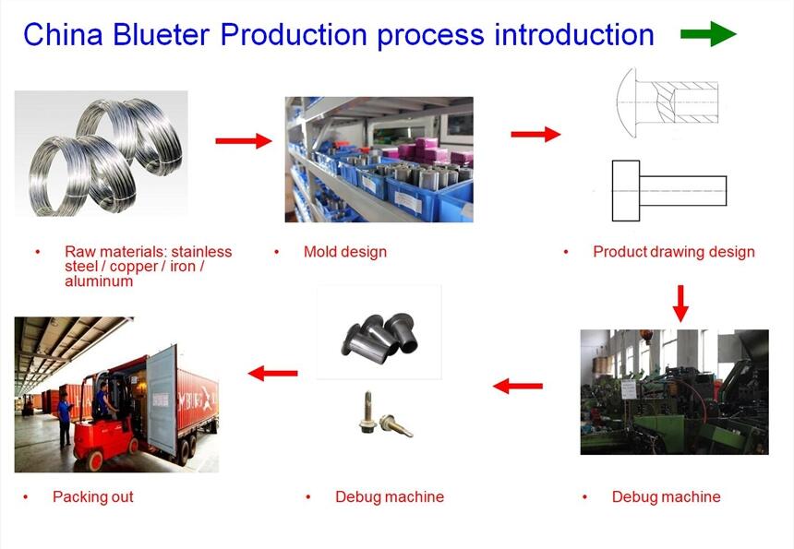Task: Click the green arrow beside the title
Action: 708,35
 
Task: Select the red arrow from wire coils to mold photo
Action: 244,140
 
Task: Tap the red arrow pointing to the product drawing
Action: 535,134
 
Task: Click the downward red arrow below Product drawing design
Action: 680,303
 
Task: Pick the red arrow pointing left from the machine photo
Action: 518,385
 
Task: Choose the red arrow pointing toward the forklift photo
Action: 273,373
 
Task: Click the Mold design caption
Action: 345,252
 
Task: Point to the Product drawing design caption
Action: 674,252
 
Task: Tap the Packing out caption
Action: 93,496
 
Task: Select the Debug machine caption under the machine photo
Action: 666,496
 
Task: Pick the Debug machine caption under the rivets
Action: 390,496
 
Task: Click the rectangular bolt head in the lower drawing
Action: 626,191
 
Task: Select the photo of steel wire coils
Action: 102,152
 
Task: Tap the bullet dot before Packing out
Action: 25,496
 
